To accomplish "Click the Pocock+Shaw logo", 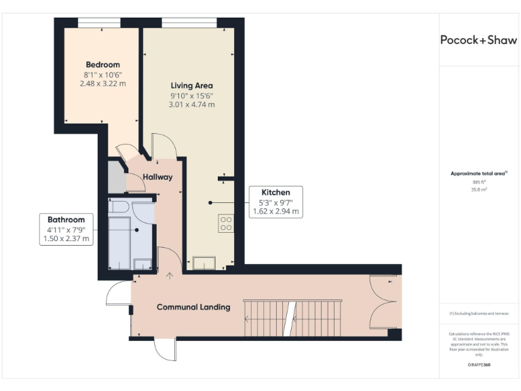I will click(478, 40).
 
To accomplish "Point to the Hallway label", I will click(157, 177).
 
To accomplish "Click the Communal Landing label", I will click(193, 307).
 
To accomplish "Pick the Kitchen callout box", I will click(275, 202).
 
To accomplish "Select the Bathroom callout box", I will click(66, 229).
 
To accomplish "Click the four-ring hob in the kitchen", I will click(227, 223).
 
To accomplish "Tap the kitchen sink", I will click(203, 262).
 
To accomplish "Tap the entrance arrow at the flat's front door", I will click(170, 276).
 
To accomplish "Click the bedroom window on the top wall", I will click(100, 23).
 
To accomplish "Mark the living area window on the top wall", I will click(189, 23).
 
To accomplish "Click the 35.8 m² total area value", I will click(478, 189).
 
